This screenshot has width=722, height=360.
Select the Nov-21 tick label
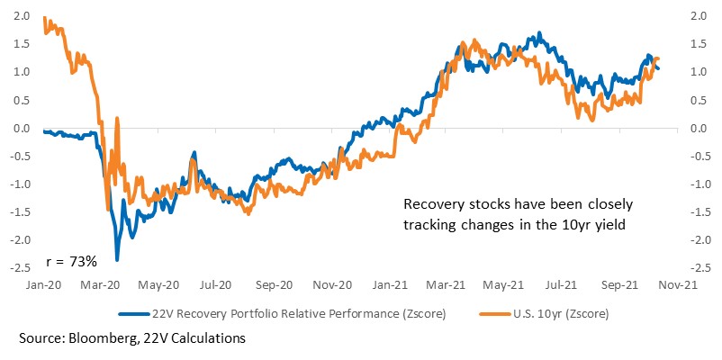pos(676,286)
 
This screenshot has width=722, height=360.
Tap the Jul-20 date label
pos(215,286)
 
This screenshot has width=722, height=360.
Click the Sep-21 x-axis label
pos(619,286)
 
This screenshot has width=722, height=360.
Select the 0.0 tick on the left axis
pos(23,129)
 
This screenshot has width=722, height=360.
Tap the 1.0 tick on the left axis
pos(23,73)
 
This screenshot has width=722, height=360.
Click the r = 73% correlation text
pos(72,262)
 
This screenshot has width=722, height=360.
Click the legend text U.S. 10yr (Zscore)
pos(560,314)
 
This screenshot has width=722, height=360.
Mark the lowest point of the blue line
pos(117,261)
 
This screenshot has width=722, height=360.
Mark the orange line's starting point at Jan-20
pos(44,17)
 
